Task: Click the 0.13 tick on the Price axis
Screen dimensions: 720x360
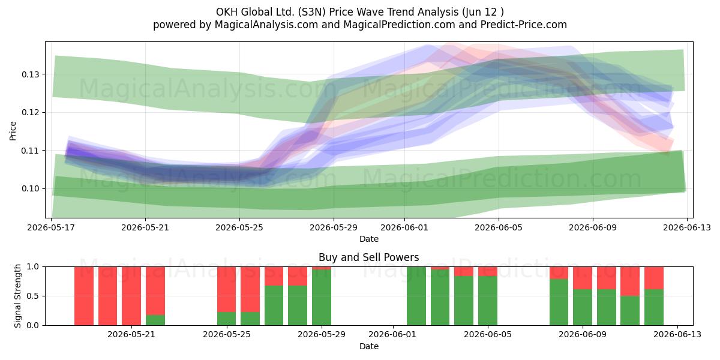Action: (x=30, y=74)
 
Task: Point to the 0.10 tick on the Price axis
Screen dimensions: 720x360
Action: (x=30, y=188)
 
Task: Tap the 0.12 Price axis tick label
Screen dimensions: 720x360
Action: (x=30, y=113)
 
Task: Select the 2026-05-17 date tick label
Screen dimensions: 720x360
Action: (x=51, y=227)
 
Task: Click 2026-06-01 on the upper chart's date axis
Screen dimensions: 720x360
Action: (x=404, y=227)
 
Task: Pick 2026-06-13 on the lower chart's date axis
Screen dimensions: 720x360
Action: (x=677, y=334)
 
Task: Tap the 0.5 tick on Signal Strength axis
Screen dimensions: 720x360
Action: (x=32, y=296)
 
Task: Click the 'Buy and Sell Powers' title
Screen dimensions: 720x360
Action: (x=368, y=257)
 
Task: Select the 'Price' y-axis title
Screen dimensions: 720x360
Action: (x=13, y=131)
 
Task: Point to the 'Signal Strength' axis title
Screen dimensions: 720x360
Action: (x=17, y=296)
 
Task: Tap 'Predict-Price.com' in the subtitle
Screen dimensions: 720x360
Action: (x=524, y=25)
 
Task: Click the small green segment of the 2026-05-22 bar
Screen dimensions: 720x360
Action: (x=155, y=320)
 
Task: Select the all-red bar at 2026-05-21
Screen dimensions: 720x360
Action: (x=131, y=296)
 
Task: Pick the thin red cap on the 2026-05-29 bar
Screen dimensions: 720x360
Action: (x=322, y=268)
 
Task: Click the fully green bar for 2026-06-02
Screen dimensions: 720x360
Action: (x=416, y=296)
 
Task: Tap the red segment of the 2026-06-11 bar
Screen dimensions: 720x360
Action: (x=630, y=281)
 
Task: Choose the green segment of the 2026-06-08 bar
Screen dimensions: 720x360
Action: (x=559, y=302)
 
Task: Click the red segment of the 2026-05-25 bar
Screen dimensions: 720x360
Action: (x=227, y=289)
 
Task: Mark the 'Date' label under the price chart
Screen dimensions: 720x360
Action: (x=368, y=239)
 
